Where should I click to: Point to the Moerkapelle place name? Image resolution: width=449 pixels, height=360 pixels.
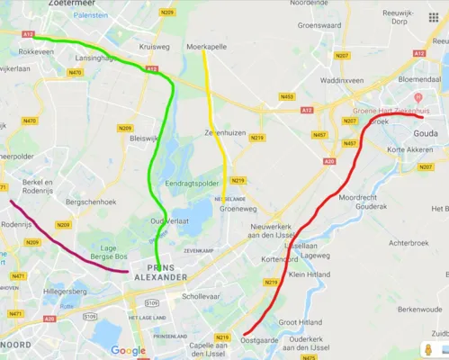coord(204,44)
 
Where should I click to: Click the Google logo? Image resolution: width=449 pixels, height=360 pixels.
coord(128,350)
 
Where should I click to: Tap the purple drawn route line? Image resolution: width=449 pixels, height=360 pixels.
coord(63,243)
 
